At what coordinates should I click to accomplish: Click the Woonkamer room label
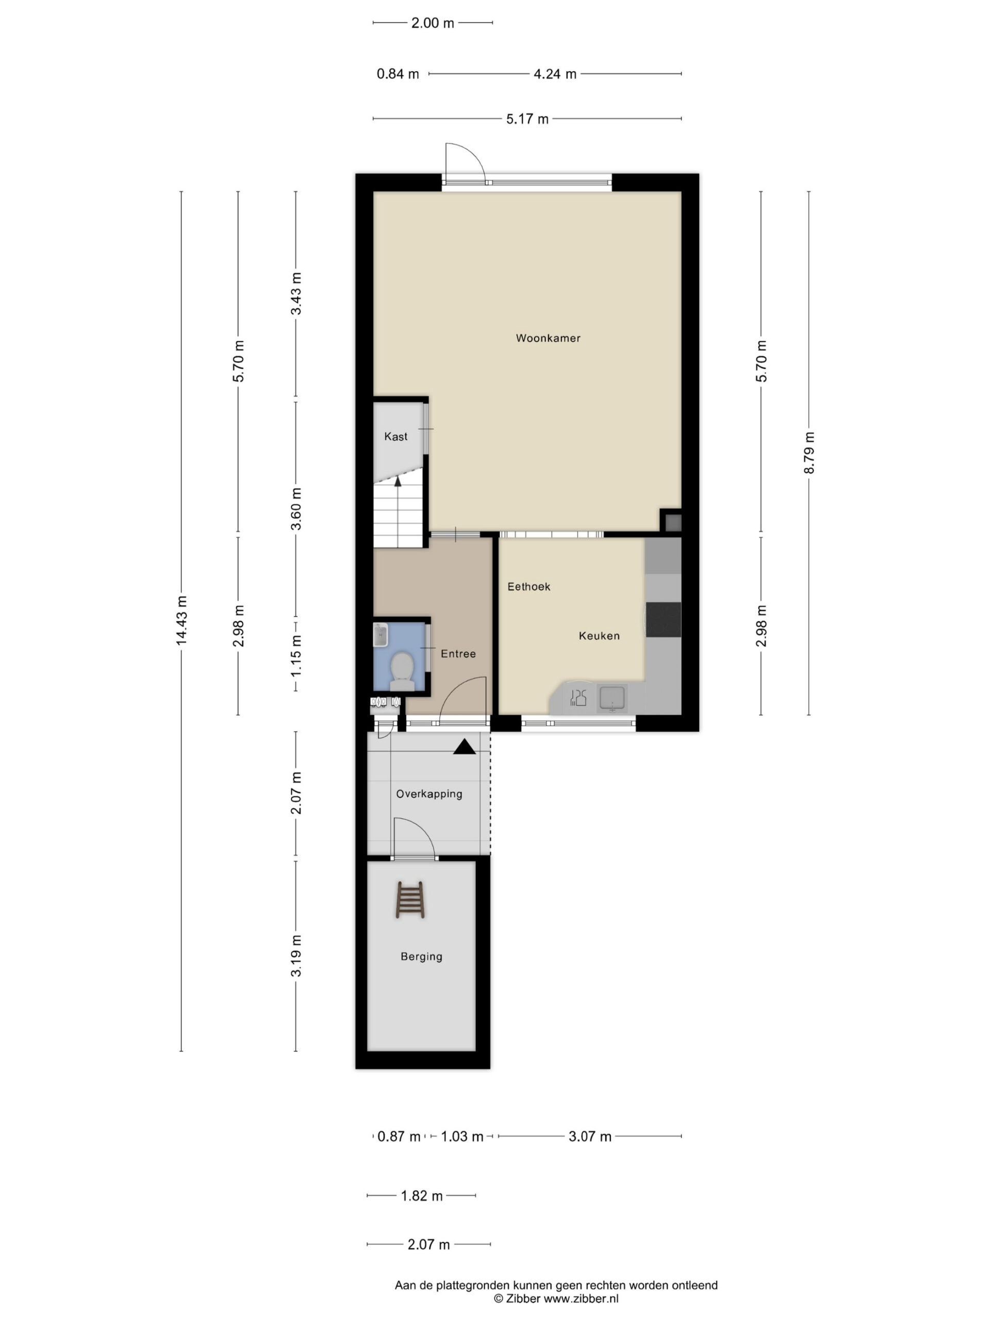(x=548, y=338)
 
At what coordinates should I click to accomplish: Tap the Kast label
(x=395, y=437)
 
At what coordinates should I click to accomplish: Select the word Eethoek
(x=529, y=587)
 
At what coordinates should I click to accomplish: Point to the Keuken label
(x=599, y=636)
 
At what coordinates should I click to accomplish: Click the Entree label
(x=458, y=654)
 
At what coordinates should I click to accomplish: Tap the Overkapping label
(x=429, y=794)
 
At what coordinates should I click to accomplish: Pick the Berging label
(x=421, y=956)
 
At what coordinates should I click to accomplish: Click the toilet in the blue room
(x=402, y=671)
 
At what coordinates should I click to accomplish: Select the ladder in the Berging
(x=410, y=900)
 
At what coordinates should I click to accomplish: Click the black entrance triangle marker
(x=464, y=747)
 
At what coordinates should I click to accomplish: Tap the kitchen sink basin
(x=612, y=698)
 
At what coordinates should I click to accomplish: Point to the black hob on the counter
(x=663, y=619)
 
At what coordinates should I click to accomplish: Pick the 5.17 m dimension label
(x=527, y=119)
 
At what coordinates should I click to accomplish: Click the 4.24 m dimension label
(x=555, y=74)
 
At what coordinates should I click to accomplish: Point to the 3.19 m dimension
(x=296, y=956)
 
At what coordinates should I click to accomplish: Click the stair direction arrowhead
(x=398, y=482)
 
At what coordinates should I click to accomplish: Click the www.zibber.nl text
(x=581, y=1298)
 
